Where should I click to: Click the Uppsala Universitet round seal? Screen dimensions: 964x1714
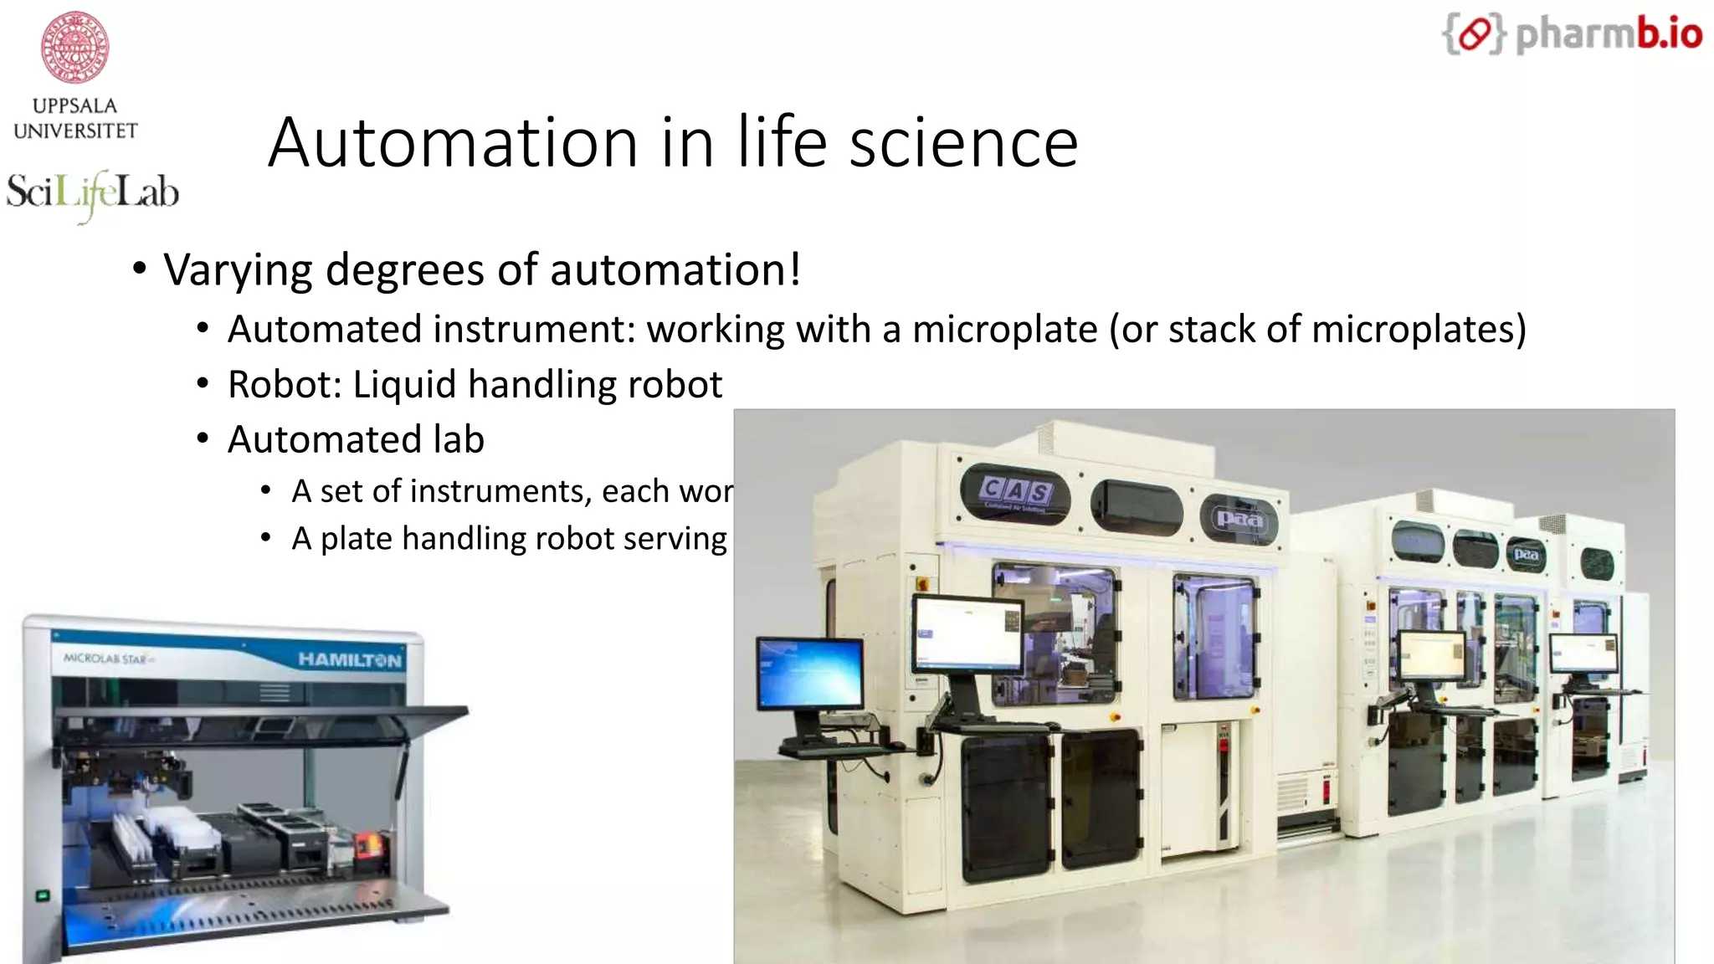(74, 47)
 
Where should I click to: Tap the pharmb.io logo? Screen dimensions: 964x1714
(1572, 34)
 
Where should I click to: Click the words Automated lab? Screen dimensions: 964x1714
(356, 440)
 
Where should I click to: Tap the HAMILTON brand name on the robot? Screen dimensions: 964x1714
(350, 660)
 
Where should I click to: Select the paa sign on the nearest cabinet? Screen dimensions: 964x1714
(1239, 519)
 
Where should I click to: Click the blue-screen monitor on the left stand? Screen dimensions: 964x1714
(809, 674)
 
